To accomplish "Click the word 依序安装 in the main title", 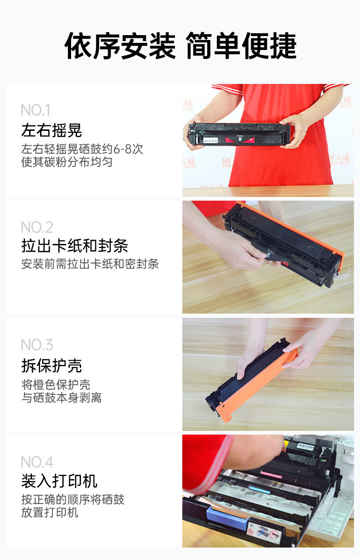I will point(120,47).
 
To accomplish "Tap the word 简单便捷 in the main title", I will point(241,47).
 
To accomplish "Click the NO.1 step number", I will point(35,110).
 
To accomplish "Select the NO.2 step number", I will point(37,227).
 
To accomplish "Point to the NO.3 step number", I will point(37,344).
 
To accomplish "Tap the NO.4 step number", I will point(37,462).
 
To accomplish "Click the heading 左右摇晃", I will point(51,130).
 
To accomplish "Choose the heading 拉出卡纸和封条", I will point(75,246).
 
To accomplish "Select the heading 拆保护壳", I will point(51,365).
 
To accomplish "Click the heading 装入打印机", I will point(59,481).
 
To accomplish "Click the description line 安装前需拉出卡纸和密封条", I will point(90,264).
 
